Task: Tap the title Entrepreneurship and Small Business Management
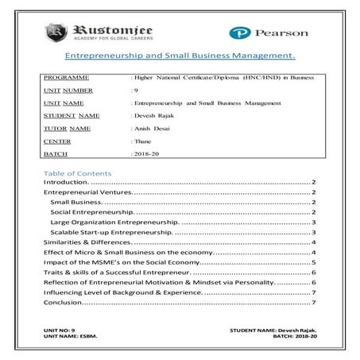(179, 56)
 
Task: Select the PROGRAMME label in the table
(66, 78)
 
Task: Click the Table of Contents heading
(78, 172)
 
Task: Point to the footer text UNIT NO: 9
(59, 329)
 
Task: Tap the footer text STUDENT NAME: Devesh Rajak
(273, 329)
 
